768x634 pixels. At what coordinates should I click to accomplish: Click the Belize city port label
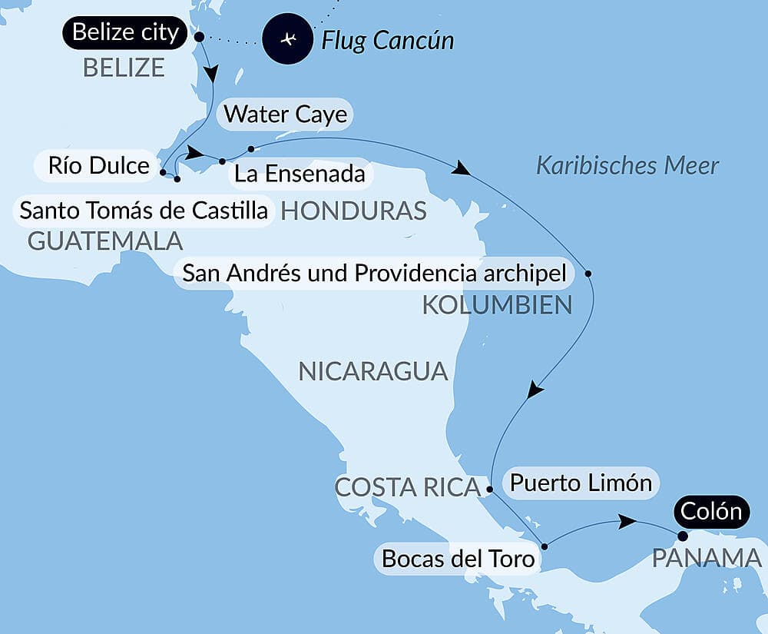click(x=125, y=33)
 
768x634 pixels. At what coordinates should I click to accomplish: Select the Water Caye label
click(x=286, y=115)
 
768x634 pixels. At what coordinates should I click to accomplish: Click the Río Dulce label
click(x=98, y=165)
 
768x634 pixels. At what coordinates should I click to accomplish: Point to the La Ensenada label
click(x=300, y=174)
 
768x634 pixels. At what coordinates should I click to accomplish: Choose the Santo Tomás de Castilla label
click(x=144, y=210)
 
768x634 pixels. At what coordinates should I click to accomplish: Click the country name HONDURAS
click(x=354, y=211)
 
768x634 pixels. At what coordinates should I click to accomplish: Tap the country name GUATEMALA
click(x=105, y=241)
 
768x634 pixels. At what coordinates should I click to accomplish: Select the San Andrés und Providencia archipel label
click(x=375, y=273)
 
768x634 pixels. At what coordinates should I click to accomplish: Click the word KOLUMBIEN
click(x=497, y=306)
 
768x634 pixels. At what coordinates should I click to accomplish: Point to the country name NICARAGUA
click(x=372, y=371)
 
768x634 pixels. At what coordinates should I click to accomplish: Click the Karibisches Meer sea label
click(x=627, y=165)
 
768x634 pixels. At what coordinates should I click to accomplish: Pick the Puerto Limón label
click(x=581, y=483)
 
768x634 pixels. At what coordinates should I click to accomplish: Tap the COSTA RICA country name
click(x=407, y=487)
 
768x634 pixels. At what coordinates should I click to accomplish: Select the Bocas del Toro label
click(x=458, y=559)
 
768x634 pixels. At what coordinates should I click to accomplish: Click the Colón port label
click(x=710, y=511)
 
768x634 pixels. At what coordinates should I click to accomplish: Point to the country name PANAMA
click(x=707, y=559)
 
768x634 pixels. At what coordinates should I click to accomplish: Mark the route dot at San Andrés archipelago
click(x=588, y=273)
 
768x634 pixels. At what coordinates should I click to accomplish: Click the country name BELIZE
click(x=124, y=68)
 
